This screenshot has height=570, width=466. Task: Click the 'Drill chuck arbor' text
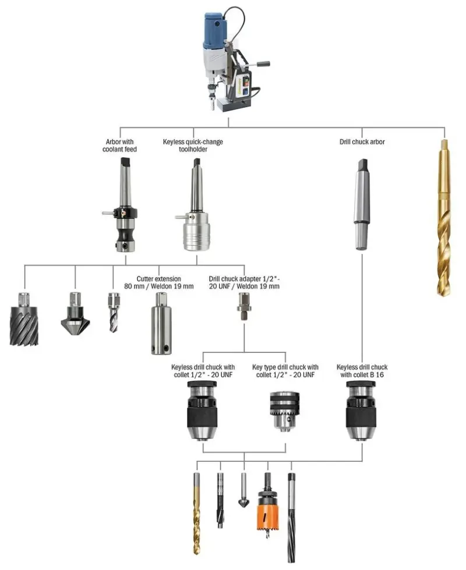point(362,142)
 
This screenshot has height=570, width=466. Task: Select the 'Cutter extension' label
point(158,282)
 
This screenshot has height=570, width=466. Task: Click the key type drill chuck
point(285,410)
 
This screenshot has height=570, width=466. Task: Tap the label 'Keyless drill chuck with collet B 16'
point(362,371)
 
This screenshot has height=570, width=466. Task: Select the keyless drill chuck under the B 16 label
point(362,410)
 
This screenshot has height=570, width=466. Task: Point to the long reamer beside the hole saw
point(291,515)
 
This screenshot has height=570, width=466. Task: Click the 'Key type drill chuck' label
point(285,371)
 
